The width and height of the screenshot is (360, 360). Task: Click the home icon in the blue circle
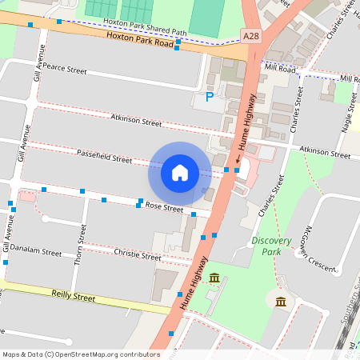[180, 173]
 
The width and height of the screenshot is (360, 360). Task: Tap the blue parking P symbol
[210, 98]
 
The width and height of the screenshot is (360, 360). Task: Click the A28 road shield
[250, 36]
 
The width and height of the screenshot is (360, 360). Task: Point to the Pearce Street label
[64, 70]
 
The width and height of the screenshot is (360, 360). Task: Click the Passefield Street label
[104, 158]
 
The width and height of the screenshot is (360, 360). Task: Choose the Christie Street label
[138, 256]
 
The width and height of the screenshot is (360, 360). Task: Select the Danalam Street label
[37, 252]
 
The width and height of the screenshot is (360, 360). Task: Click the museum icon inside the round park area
[280, 302]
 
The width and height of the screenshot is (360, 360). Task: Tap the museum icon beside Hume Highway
[214, 278]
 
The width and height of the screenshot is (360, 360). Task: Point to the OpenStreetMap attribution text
[80, 354]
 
